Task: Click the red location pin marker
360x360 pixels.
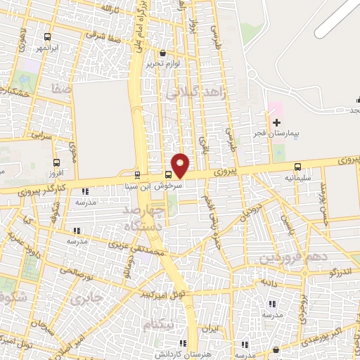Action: [181, 165]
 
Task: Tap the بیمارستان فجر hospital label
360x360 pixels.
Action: [276, 132]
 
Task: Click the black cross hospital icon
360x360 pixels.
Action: [276, 122]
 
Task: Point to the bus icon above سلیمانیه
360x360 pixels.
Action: [298, 167]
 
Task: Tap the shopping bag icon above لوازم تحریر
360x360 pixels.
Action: [164, 53]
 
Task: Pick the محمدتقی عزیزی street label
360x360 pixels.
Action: [139, 247]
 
